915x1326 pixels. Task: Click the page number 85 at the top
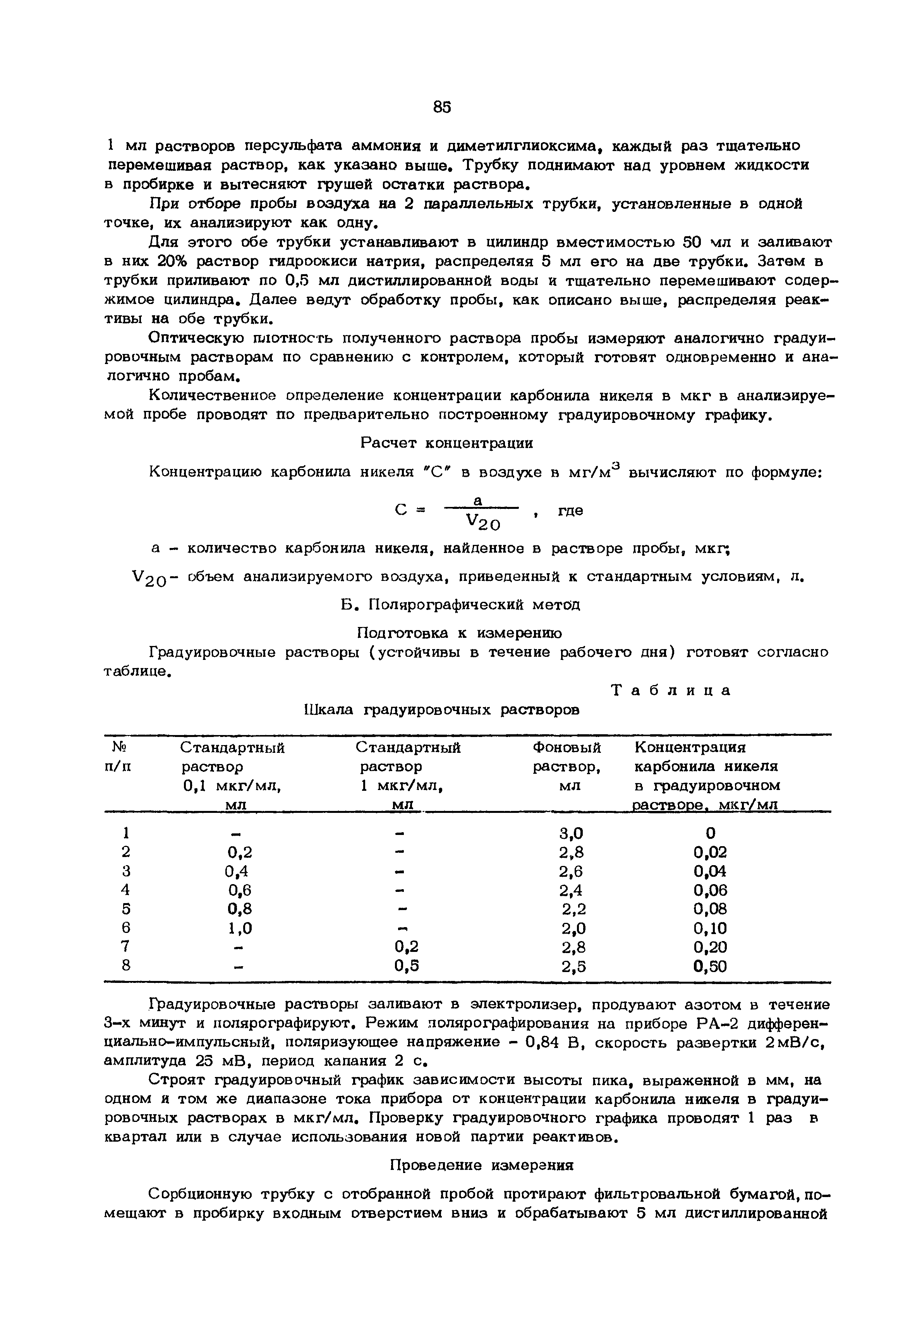[442, 107]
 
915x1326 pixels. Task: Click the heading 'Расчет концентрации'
[446, 443]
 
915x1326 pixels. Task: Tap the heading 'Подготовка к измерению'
[459, 633]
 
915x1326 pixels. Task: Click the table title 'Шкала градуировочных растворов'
[441, 710]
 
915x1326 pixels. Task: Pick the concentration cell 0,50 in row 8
[710, 967]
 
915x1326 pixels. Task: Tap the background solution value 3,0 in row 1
[571, 832]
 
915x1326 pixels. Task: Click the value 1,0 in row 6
[240, 928]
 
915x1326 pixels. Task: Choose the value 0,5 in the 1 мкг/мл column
[407, 967]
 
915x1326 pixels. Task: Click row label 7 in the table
[126, 947]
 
